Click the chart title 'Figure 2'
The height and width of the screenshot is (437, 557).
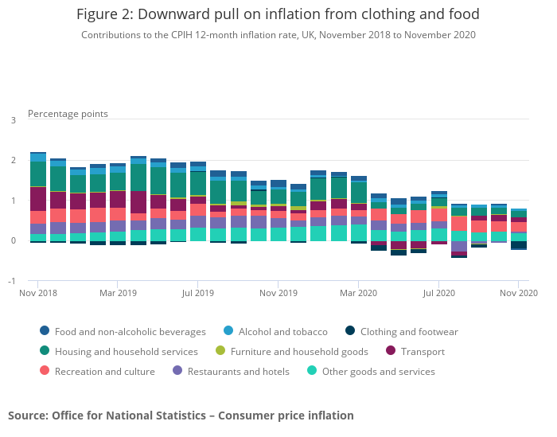278,15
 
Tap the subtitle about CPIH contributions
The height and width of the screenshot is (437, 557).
278,35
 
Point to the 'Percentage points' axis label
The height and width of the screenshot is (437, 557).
68,114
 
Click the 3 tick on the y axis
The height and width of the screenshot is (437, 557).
13,120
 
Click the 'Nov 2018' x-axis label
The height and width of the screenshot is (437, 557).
37,293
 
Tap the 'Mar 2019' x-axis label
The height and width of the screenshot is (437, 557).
117,293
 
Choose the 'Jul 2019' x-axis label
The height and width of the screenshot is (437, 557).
197,293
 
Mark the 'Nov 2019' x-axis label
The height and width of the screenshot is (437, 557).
278,293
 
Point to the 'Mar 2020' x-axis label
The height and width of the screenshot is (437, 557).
358,293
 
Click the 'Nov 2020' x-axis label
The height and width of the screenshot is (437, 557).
518,293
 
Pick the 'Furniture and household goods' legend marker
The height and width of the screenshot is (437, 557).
220,352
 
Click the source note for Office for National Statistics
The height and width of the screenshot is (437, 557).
181,416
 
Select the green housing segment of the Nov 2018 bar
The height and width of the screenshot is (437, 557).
37,174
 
